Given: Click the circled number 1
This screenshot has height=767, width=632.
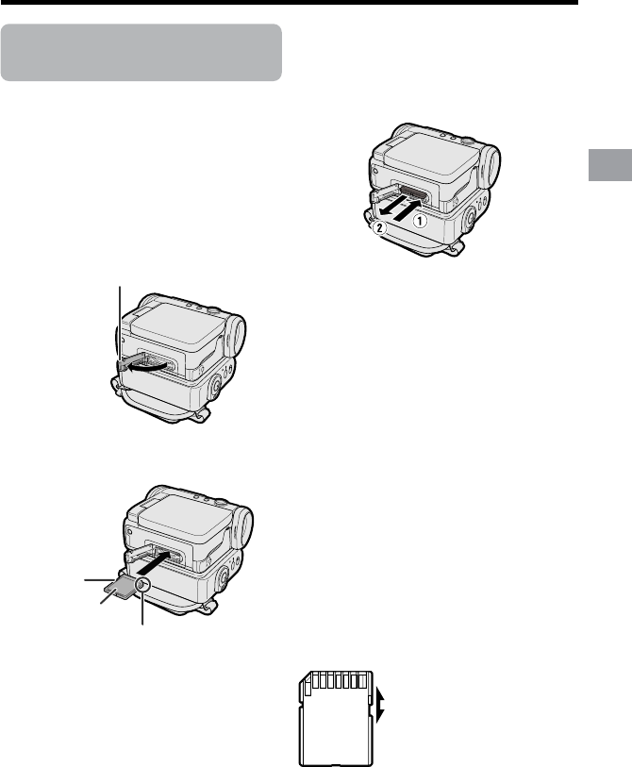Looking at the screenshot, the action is (x=419, y=221).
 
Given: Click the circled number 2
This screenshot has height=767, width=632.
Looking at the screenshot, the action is (x=379, y=227).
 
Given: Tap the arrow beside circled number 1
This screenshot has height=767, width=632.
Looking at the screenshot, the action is (x=408, y=208).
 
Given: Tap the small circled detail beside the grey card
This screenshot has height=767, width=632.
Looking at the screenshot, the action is (x=142, y=584).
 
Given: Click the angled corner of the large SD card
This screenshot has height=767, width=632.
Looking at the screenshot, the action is (x=304, y=678).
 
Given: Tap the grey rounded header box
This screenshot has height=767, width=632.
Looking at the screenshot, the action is (x=141, y=52).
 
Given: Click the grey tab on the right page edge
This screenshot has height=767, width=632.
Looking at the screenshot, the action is (x=610, y=165).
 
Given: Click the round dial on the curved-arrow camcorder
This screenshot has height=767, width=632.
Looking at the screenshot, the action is (x=215, y=386).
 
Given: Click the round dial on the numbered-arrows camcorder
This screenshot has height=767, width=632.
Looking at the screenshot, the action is (x=470, y=217).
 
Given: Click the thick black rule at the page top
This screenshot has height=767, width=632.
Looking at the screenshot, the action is (x=289, y=2).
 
